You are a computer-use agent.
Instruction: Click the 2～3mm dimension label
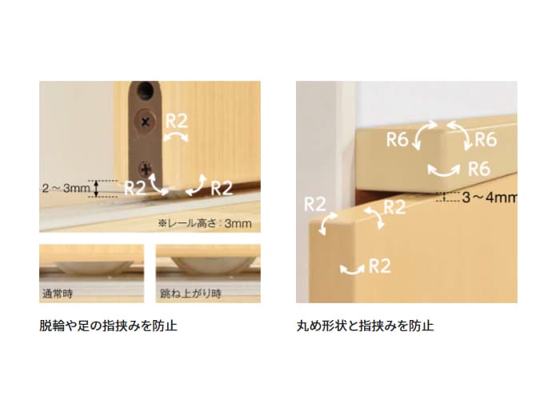coord(66,188)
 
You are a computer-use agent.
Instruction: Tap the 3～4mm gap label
coord(490,197)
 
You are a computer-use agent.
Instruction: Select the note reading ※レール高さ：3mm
coord(205,223)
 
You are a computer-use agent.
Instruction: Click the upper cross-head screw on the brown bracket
coord(145,122)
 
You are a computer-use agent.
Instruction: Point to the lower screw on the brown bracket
coord(146,169)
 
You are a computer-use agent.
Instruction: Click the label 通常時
coord(58,294)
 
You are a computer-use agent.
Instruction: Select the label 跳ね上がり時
coord(190,294)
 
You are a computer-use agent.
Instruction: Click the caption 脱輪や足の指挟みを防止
coord(108,326)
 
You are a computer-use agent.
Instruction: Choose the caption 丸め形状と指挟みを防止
coord(365,326)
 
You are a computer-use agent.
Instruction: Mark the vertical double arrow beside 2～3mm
coord(96,189)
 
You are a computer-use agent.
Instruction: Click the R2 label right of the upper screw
coord(177,122)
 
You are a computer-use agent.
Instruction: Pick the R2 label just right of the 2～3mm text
coord(134,188)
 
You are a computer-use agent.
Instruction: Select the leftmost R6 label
coord(397,139)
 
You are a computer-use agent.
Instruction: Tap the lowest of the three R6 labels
coord(479,169)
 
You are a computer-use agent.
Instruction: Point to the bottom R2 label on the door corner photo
coord(379,266)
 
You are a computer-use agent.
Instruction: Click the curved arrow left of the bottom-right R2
coord(352,270)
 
